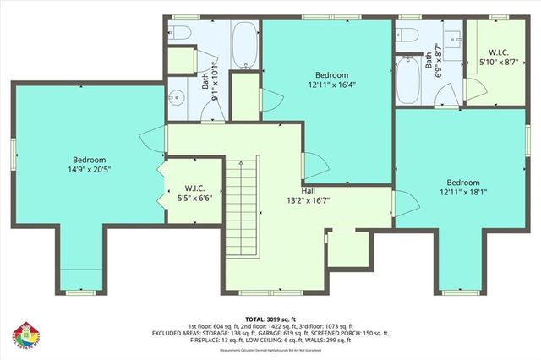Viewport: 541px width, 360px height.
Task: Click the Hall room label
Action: click(309, 190)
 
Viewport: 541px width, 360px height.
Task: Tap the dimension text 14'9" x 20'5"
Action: click(89, 169)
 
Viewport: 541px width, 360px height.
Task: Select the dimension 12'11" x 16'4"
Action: click(326, 85)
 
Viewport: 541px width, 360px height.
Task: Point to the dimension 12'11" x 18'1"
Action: click(463, 193)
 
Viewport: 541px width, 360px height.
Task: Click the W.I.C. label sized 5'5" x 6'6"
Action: click(194, 188)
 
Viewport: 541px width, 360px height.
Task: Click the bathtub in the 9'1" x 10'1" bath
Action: click(244, 44)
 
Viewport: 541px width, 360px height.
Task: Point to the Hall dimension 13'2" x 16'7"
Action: click(309, 200)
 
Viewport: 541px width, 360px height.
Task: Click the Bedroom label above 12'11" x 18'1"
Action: click(463, 183)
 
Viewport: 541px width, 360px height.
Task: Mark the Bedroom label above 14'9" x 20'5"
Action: click(89, 160)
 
